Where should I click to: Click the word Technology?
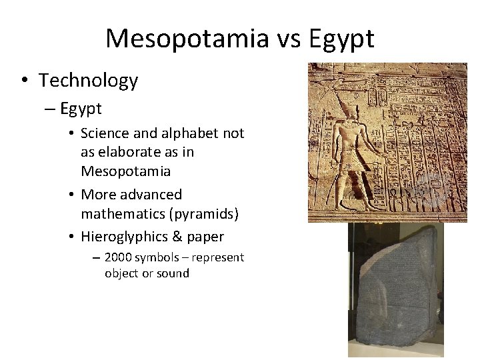coord(88,81)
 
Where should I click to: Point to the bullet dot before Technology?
coord(24,81)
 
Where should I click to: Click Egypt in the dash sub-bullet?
coord(81,108)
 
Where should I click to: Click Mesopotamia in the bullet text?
coord(125,171)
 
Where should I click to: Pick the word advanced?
coord(151,195)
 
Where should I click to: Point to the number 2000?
coord(119,257)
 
